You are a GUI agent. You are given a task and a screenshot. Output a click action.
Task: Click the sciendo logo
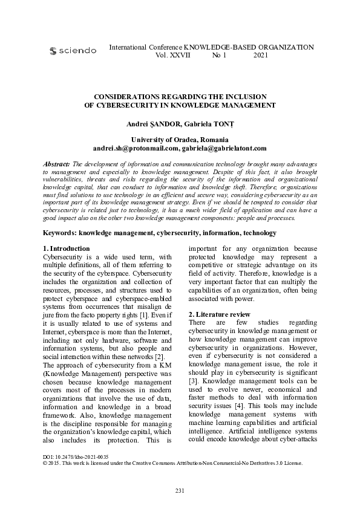pos(72,51)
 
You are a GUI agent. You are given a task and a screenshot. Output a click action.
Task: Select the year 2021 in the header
pos(260,55)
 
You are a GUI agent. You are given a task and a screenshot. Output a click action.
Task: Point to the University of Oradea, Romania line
pos(180,140)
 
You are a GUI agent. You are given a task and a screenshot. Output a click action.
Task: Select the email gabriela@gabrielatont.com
pos(224,148)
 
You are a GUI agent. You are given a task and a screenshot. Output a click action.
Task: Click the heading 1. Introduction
pos(66,232)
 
